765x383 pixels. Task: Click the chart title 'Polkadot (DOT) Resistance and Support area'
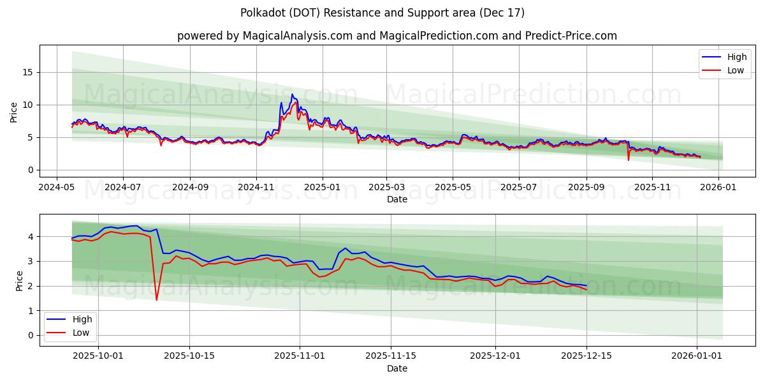coord(382,13)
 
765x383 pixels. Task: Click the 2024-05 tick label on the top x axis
coord(57,187)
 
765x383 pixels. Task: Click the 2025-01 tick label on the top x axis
coord(322,187)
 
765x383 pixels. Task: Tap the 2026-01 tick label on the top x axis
coord(719,187)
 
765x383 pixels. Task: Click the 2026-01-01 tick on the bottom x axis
coord(697,356)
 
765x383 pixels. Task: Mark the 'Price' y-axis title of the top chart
coord(14,111)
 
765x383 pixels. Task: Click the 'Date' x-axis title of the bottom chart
coord(397,368)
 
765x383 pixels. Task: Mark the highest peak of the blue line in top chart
coord(293,94)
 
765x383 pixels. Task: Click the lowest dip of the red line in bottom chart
coord(157,300)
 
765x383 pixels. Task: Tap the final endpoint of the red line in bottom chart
coord(586,290)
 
